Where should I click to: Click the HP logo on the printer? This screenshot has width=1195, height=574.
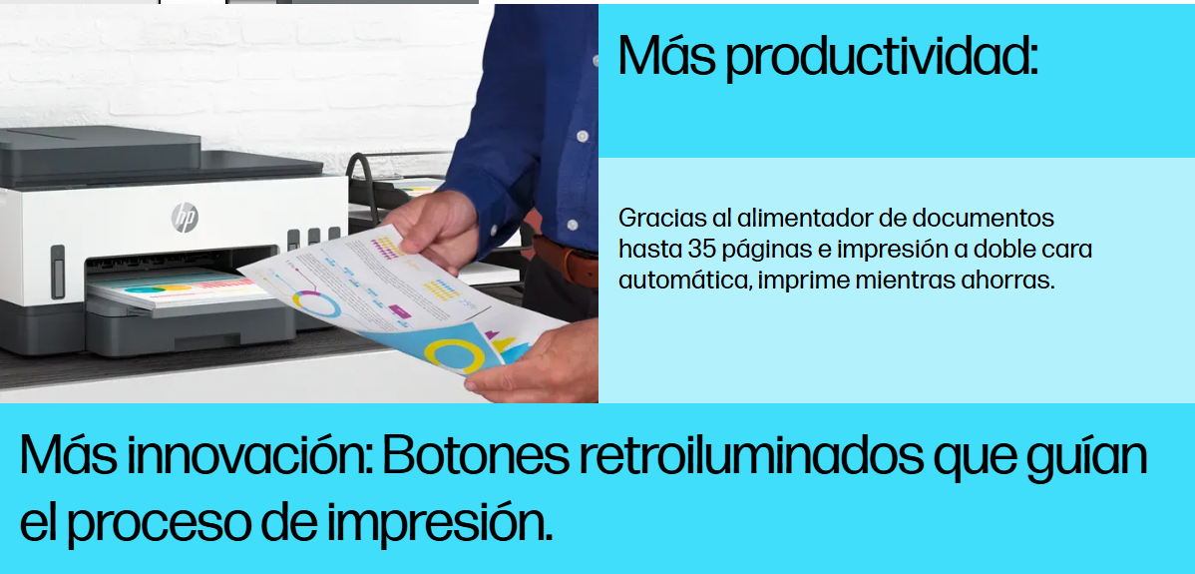pyautogui.click(x=185, y=218)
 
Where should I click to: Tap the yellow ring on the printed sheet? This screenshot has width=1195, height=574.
pyautogui.click(x=454, y=355)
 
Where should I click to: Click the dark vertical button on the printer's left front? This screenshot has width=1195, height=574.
pyautogui.click(x=58, y=272)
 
